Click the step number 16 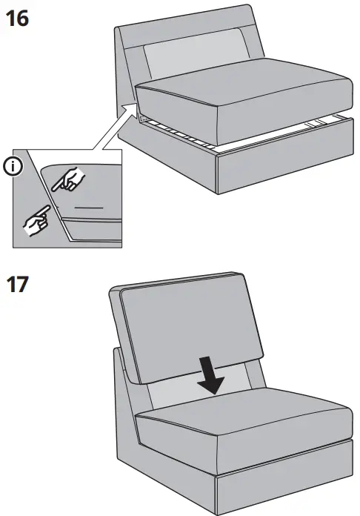[17, 18]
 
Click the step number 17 [19, 285]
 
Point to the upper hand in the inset [72, 178]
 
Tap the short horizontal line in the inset [88, 210]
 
